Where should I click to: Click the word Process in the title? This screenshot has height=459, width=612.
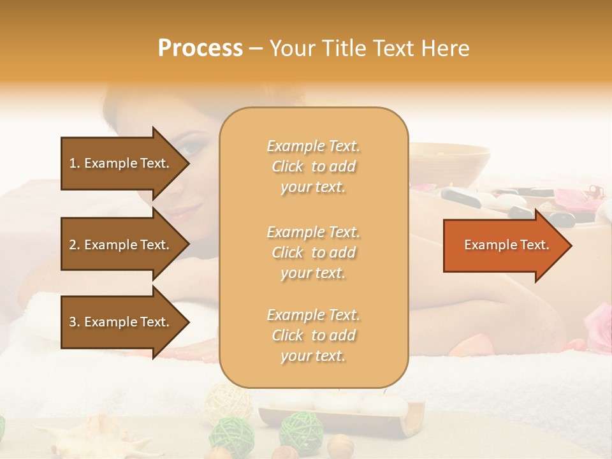point(200,48)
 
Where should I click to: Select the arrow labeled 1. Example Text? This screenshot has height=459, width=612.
point(124,163)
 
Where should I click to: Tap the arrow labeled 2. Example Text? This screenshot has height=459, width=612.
point(124,245)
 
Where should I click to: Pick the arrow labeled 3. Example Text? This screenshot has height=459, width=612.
point(124,322)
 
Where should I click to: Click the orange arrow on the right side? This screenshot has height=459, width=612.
point(507,245)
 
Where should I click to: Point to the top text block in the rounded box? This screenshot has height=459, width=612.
point(313,166)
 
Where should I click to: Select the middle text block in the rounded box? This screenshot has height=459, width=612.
point(313,252)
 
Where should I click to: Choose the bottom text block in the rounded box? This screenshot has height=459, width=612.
point(313,335)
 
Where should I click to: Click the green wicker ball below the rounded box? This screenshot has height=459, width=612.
point(302,430)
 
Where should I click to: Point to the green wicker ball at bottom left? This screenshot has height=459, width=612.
point(231,434)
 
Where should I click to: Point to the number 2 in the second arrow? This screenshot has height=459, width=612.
point(73,245)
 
